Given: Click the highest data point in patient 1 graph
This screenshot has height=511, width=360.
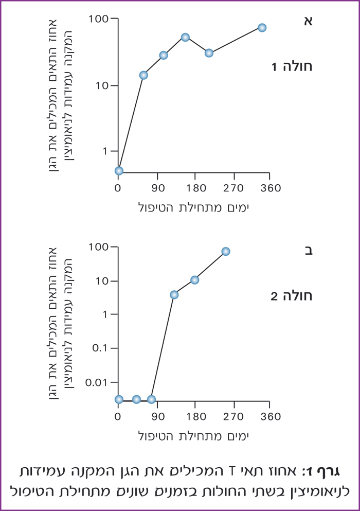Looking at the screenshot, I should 262,28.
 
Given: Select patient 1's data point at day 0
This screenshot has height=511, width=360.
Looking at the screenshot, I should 119,171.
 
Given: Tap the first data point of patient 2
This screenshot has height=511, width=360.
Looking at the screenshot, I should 119,399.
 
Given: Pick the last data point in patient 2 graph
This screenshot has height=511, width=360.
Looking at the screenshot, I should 225,252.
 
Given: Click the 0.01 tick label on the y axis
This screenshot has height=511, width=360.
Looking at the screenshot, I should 100,382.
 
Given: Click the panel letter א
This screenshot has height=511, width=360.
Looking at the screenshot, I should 308,21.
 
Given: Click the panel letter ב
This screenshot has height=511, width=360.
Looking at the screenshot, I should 308,251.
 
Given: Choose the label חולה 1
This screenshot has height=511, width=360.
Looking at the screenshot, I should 292,66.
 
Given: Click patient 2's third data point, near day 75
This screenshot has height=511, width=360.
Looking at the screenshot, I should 151,399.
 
